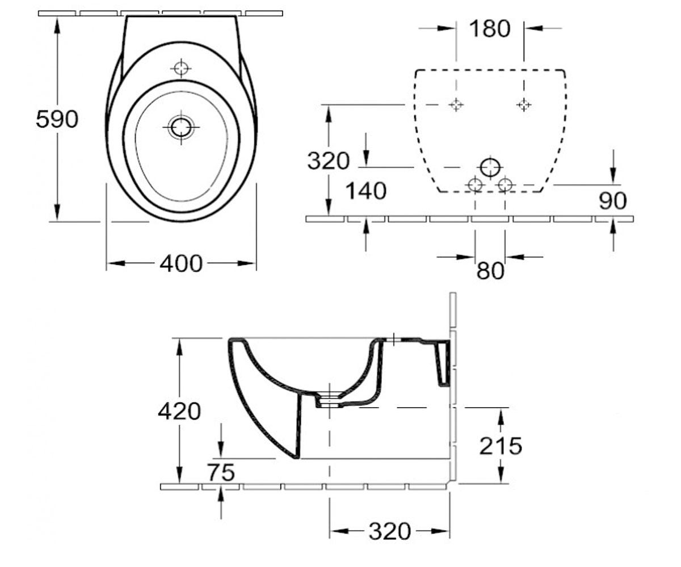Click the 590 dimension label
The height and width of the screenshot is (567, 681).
[57, 119]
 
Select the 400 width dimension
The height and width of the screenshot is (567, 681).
[181, 263]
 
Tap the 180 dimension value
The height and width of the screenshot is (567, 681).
[490, 29]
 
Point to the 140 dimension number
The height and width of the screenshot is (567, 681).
[365, 191]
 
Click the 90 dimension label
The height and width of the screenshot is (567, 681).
[612, 200]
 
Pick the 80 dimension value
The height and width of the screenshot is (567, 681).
[490, 270]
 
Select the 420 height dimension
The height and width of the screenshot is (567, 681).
[179, 411]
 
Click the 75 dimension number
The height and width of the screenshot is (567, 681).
[221, 472]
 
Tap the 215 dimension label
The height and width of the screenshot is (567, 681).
[501, 446]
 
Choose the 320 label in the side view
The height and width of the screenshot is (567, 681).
[389, 531]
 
